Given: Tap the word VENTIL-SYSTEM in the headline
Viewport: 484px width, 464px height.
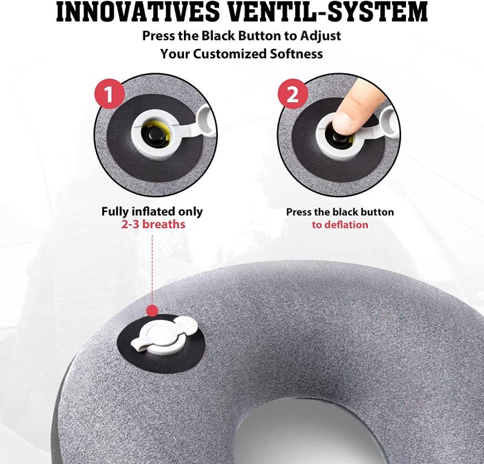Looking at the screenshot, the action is click(330, 11).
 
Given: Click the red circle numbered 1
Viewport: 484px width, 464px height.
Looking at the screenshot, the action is click(109, 94).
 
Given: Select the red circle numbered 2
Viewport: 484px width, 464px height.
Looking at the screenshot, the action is click(293, 94).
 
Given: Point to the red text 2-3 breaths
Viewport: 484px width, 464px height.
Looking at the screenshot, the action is click(153, 224).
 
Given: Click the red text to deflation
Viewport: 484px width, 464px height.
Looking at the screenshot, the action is click(340, 224).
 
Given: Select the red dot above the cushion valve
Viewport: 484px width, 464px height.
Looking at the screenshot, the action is click(152, 310).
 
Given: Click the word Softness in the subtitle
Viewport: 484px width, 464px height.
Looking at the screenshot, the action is click(296, 54).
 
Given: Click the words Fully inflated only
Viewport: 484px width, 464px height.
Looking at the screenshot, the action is click(152, 212).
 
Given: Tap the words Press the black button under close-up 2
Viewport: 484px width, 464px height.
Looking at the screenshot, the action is click(340, 212).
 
